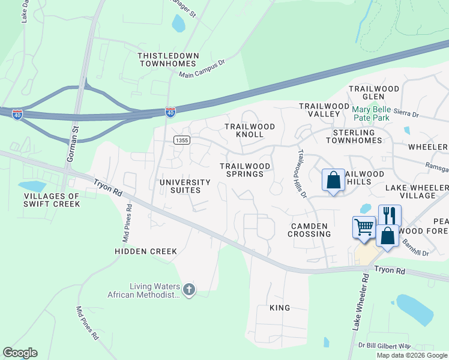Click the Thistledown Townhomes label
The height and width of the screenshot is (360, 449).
[167, 59]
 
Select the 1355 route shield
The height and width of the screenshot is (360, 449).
[182, 140]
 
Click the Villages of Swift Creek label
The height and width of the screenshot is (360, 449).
[52, 200]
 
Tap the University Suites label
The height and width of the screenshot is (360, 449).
[185, 186]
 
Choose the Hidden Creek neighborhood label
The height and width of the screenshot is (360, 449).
[146, 251]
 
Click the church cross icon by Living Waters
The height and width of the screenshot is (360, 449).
[189, 290]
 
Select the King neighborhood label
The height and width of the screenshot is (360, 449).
[280, 308]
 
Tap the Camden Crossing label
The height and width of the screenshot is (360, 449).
[309, 230]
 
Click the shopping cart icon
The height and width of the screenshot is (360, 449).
[364, 227]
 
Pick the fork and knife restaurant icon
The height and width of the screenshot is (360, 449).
[390, 214]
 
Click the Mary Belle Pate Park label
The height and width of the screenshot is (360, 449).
[379, 113]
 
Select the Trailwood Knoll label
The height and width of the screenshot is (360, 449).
[250, 130]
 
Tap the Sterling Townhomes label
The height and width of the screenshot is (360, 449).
[354, 136]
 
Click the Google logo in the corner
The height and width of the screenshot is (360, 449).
[20, 353]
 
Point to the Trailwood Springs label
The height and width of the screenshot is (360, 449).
[241, 170]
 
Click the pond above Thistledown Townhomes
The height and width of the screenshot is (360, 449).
[178, 23]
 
